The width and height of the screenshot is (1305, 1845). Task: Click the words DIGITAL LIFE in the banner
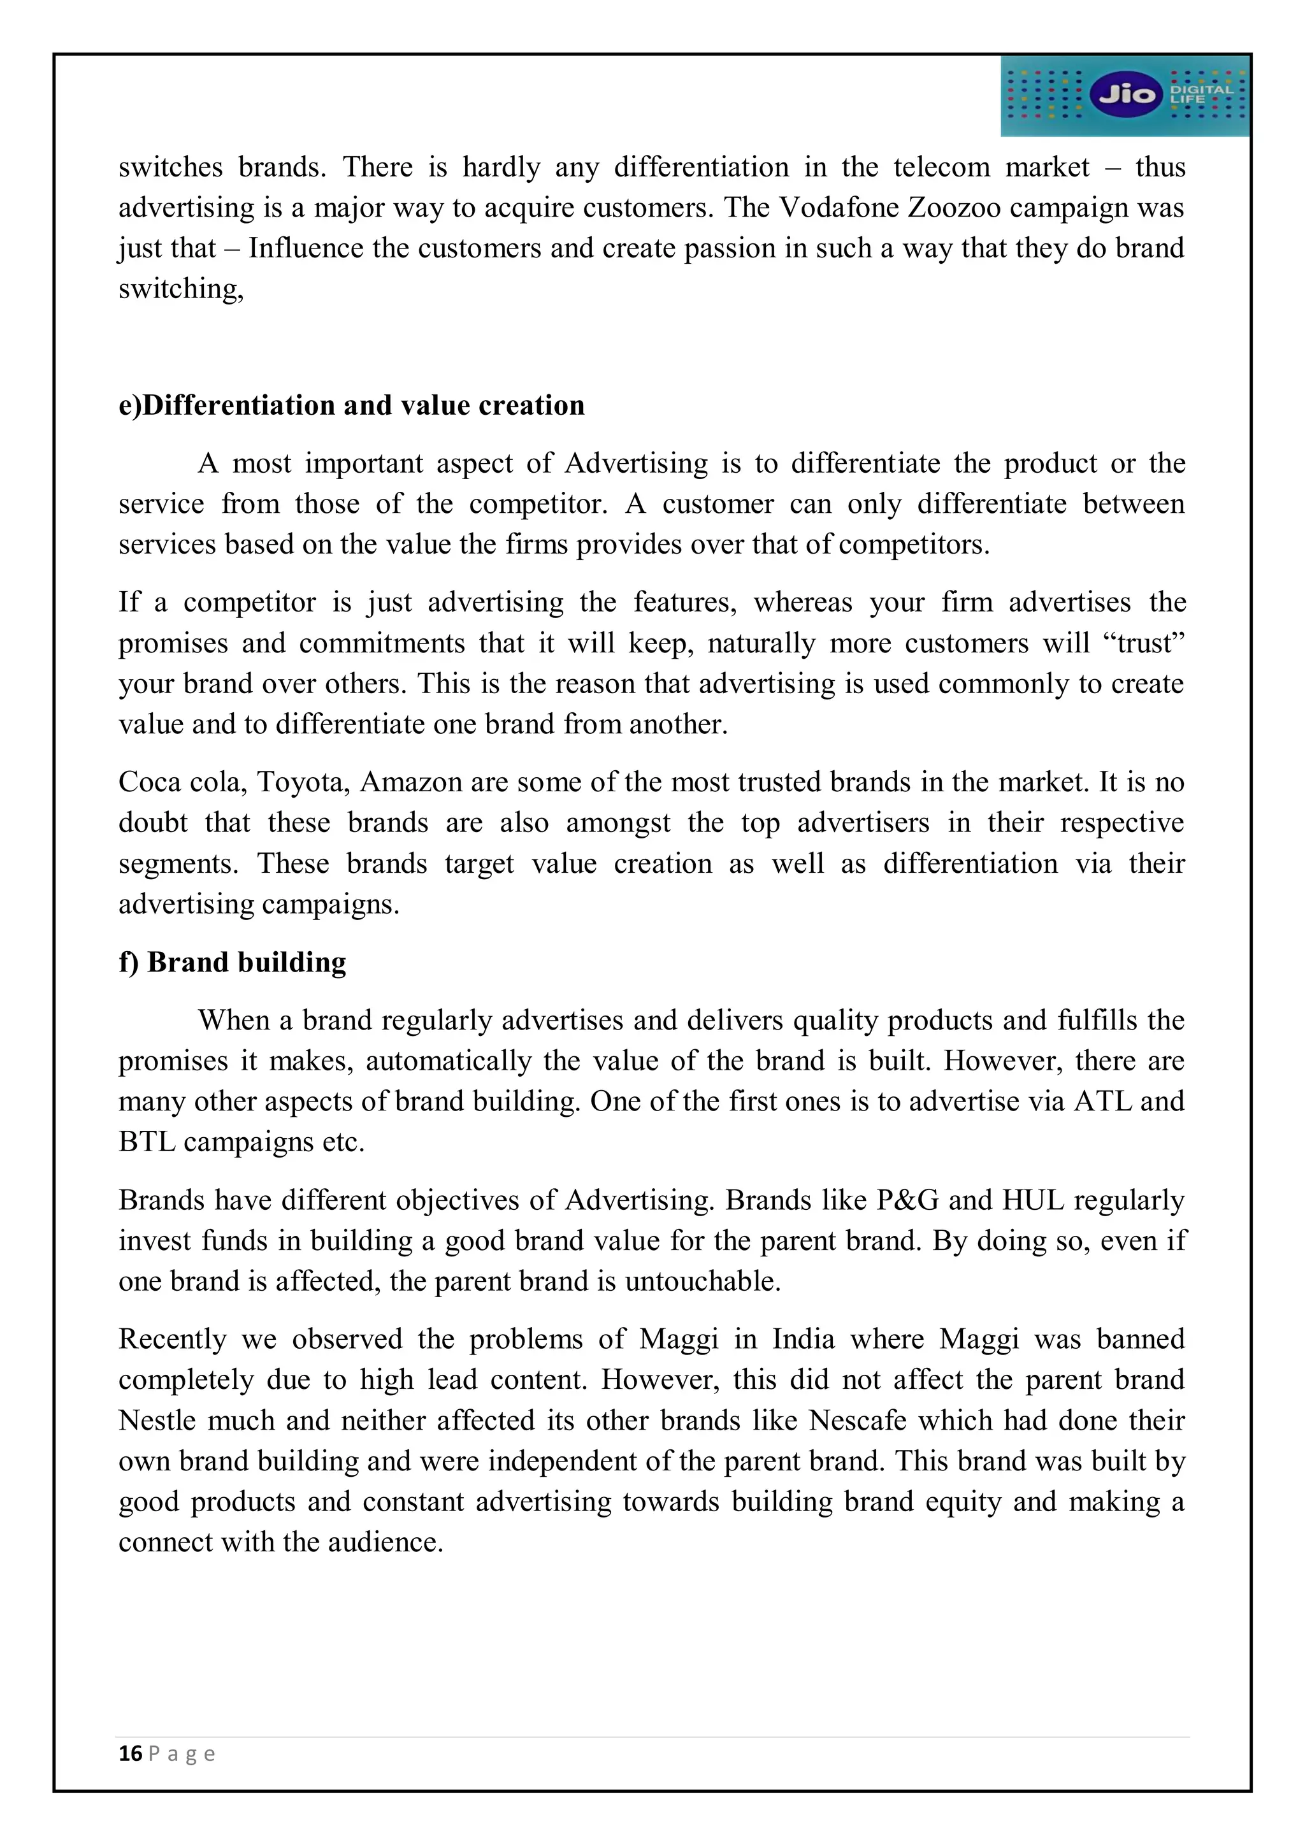(x=1200, y=94)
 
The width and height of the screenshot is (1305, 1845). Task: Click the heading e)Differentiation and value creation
(x=351, y=405)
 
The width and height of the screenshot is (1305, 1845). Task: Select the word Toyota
(x=303, y=782)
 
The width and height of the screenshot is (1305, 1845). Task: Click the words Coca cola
(x=182, y=782)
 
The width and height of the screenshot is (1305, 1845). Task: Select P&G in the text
(x=907, y=1200)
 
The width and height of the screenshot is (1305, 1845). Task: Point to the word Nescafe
(x=858, y=1420)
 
